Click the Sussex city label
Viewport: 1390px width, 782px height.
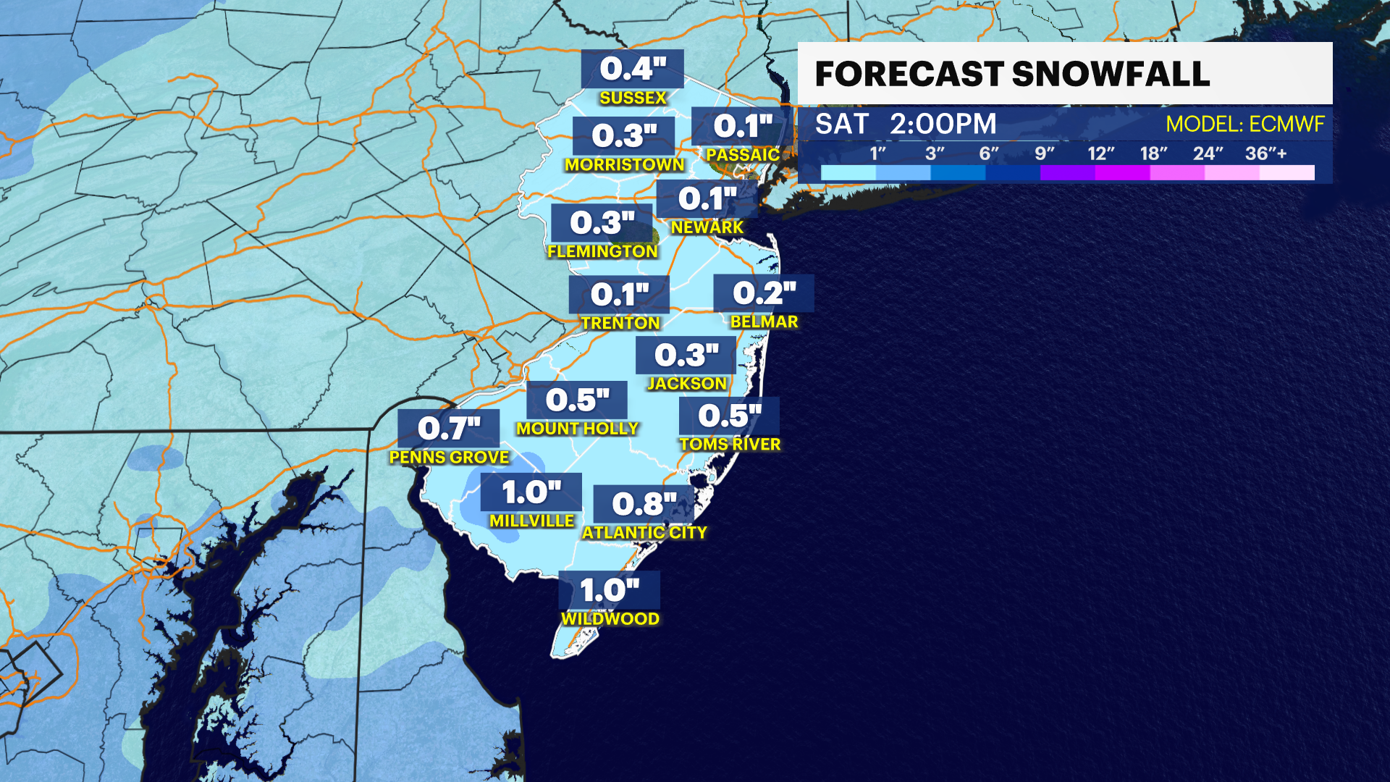click(x=633, y=98)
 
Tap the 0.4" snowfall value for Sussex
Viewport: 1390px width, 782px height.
click(x=633, y=69)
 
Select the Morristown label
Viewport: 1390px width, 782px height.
click(x=624, y=165)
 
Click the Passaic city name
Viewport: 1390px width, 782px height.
click(x=743, y=155)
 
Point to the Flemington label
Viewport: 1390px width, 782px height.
click(x=602, y=251)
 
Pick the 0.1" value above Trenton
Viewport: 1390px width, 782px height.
click(x=620, y=294)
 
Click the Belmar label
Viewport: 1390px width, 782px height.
click(x=764, y=321)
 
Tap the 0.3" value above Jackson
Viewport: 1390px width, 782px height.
click(x=686, y=355)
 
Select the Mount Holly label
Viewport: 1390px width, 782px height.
click(x=577, y=429)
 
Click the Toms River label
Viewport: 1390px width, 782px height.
click(x=730, y=444)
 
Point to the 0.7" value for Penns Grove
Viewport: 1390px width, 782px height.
click(x=449, y=428)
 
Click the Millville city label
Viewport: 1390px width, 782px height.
click(x=531, y=521)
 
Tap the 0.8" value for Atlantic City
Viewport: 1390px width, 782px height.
click(x=644, y=504)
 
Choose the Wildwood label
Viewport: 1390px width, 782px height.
click(x=610, y=619)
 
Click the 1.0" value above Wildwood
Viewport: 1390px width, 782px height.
click(x=610, y=590)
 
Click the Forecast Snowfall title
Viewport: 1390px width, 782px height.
click(x=1012, y=74)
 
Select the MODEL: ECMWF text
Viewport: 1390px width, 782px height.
click(x=1244, y=125)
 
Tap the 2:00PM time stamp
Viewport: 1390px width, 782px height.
click(x=943, y=125)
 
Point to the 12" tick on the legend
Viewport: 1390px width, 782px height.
click(x=1100, y=154)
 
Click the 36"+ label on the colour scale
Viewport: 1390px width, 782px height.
click(x=1265, y=154)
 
